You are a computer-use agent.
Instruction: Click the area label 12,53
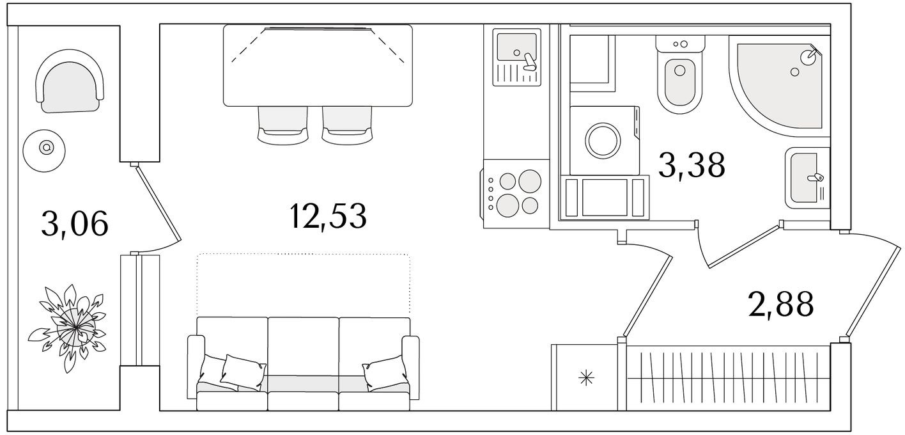point(328,216)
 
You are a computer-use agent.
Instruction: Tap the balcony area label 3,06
point(75,223)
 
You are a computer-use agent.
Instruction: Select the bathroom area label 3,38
point(692,165)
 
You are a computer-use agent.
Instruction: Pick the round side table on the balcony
point(44,150)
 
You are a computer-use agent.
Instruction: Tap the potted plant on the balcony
point(68,328)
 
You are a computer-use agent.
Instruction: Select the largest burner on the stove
point(530,180)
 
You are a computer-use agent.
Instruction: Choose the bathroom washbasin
point(807,178)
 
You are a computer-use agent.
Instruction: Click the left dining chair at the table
point(282,125)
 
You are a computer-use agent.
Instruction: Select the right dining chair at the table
point(347,125)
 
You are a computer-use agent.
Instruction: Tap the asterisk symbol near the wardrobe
point(586,378)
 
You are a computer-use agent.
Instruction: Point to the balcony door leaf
point(158,203)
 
